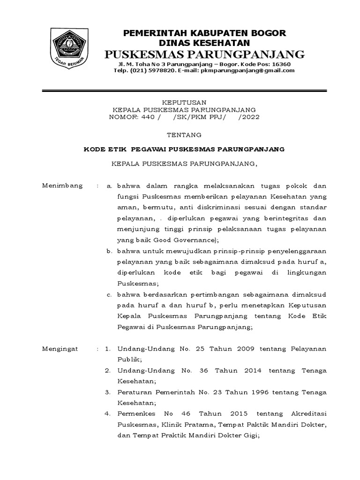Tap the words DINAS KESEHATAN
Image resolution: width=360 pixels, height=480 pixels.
(204, 42)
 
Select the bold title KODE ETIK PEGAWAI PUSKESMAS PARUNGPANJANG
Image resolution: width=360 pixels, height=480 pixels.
(184, 149)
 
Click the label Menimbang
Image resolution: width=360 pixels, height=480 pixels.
(62, 186)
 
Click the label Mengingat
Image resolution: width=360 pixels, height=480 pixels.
(61, 349)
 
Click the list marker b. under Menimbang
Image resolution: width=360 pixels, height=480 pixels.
(109, 251)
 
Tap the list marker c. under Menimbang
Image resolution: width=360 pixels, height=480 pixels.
(109, 294)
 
